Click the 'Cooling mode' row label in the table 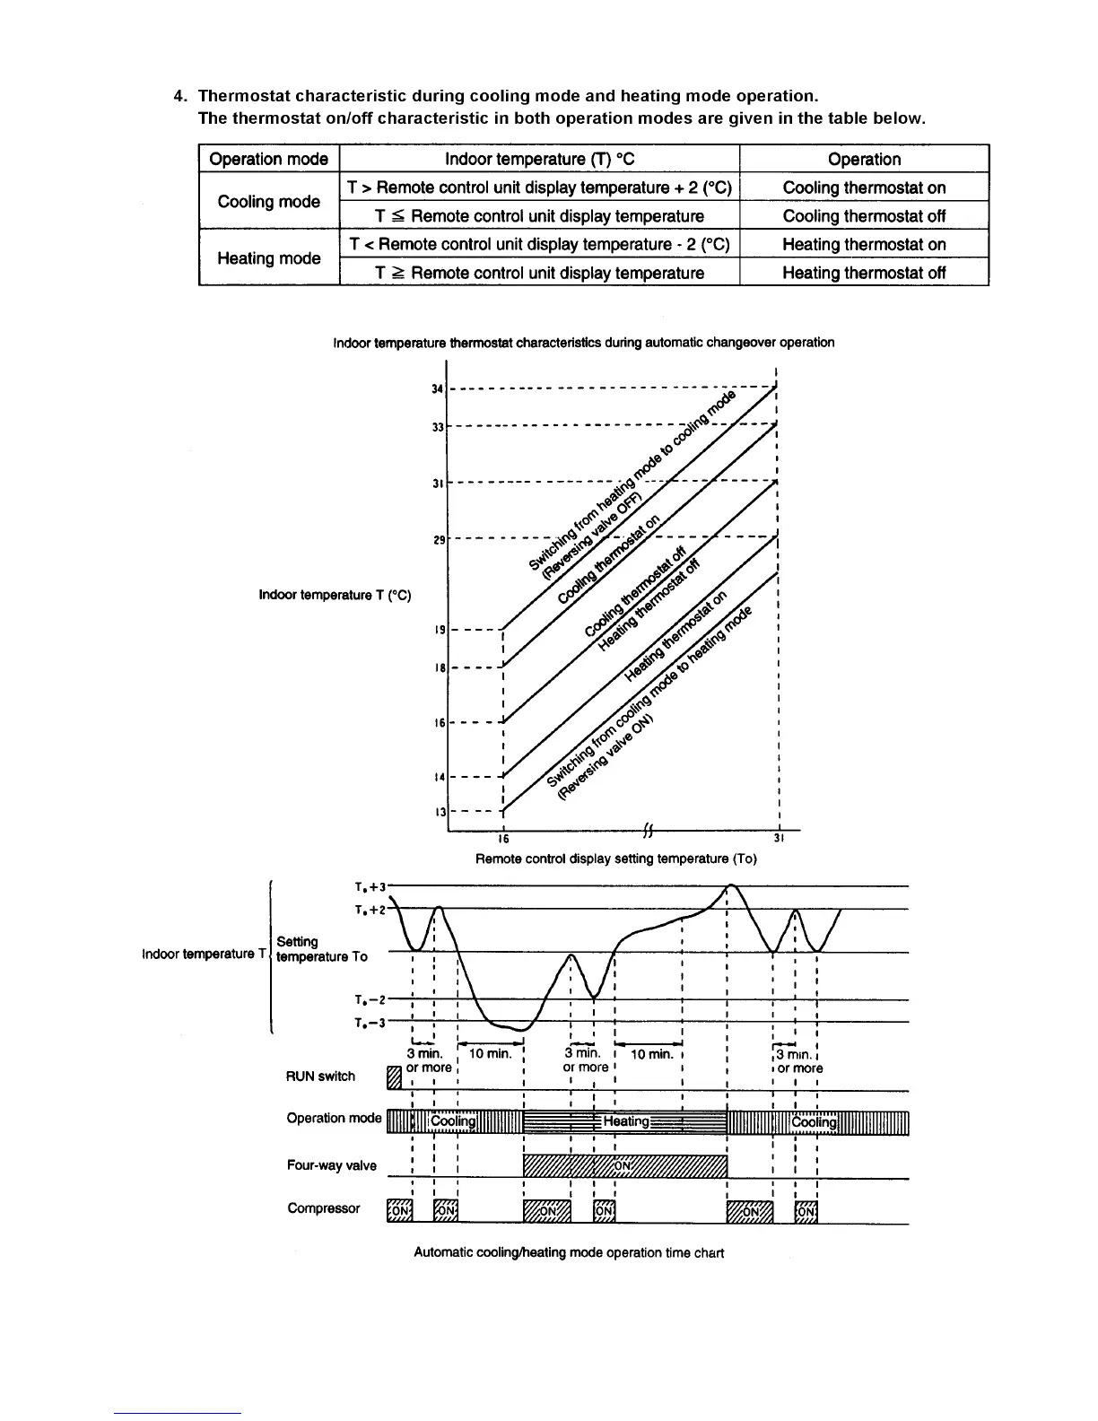(268, 202)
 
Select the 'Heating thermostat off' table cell (863, 273)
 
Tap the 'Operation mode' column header (268, 160)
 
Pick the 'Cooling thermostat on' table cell (863, 187)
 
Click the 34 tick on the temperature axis (437, 389)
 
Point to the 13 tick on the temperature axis (440, 812)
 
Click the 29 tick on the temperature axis (439, 541)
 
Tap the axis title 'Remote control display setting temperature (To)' (615, 859)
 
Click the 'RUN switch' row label (320, 1077)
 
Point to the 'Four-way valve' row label (331, 1166)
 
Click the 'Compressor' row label (323, 1208)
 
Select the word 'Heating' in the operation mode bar (626, 1121)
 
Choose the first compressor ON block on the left (398, 1211)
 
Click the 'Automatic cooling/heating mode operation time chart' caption (569, 1252)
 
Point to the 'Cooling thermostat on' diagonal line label (609, 560)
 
